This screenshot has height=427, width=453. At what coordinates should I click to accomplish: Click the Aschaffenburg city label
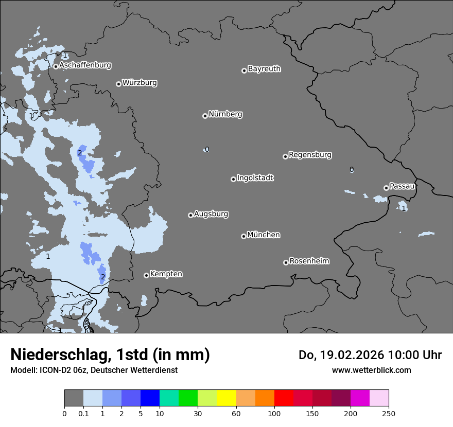coord(85,65)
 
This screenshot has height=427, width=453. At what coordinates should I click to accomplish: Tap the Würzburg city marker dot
coord(118,84)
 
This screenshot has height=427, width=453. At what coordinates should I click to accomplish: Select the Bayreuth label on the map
coord(264,68)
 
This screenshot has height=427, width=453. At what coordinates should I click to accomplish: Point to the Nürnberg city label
coord(225,114)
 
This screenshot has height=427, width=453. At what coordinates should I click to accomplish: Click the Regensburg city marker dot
coord(285,156)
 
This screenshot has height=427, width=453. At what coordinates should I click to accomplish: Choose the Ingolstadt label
coord(255,178)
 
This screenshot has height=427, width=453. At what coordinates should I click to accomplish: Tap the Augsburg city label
coord(211,214)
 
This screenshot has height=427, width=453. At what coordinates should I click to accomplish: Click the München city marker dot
coord(243,237)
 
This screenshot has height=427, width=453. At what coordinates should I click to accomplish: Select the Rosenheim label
coord(309,261)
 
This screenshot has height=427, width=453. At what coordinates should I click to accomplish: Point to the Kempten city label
coord(166,274)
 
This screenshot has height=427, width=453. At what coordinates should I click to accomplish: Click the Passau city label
coord(402,186)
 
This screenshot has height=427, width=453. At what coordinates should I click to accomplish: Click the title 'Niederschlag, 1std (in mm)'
coord(110,354)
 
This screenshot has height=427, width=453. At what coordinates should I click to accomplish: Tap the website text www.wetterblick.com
coord(371,370)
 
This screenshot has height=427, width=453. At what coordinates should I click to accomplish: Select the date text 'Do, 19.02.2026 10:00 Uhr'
coord(370,355)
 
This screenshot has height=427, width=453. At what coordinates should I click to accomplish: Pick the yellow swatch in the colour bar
coord(226,398)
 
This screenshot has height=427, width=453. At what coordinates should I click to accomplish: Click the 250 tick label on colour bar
coord(389,413)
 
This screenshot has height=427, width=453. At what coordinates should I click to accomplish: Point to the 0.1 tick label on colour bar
coord(83,413)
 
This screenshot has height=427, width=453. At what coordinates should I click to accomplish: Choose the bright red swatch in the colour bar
coord(284,398)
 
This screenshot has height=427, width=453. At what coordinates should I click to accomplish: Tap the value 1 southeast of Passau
coord(404,208)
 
